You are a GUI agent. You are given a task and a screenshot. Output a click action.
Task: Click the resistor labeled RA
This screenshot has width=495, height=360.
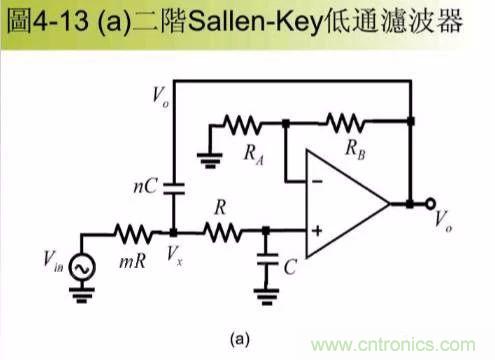click(243, 124)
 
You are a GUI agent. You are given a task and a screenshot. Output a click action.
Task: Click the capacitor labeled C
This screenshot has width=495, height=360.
click(265, 263)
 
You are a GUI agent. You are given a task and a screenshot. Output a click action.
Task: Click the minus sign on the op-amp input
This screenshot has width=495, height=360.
click(317, 181)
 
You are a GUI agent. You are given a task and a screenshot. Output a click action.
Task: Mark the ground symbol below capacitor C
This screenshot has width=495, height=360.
click(265, 292)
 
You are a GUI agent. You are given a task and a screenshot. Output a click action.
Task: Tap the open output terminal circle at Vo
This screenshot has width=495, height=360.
click(432, 205)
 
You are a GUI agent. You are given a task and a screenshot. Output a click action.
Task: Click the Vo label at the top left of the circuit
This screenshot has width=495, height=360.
click(160, 96)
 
